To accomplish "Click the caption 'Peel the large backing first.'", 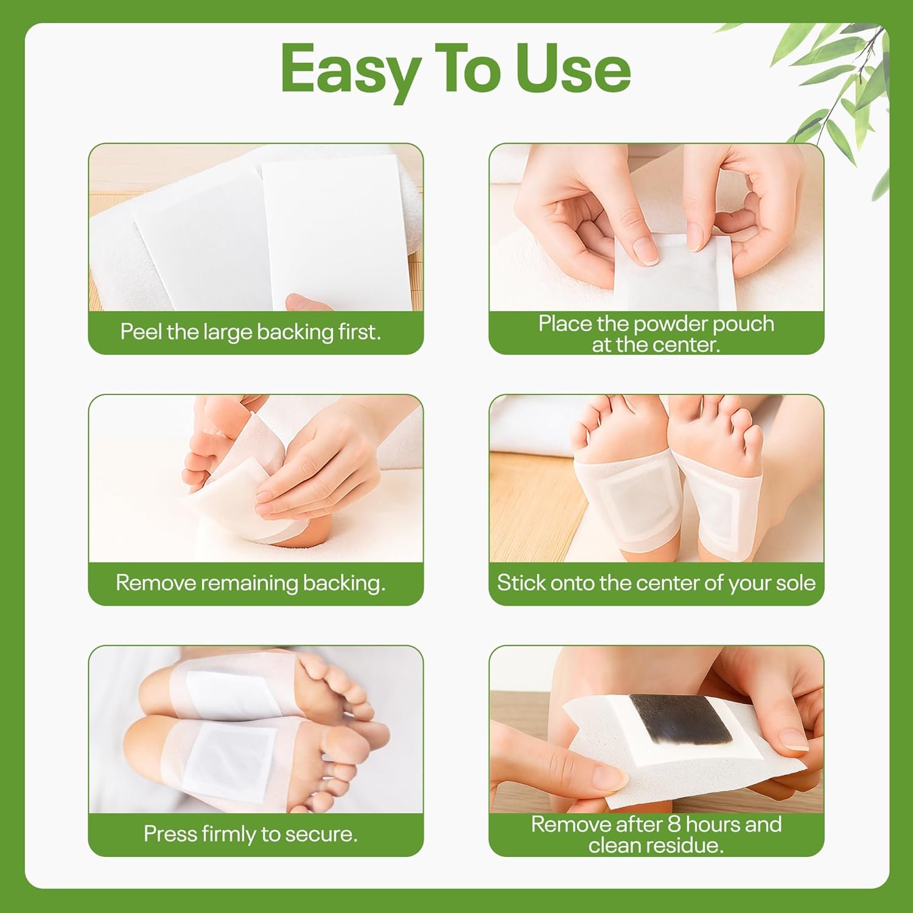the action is coord(250,332).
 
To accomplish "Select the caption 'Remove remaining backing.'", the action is coord(250,583).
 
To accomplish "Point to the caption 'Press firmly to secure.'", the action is coord(250,834).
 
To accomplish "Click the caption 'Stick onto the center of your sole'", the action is coord(656,583).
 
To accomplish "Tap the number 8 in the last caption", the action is coord(674,824).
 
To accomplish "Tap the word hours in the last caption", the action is coord(713,824).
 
